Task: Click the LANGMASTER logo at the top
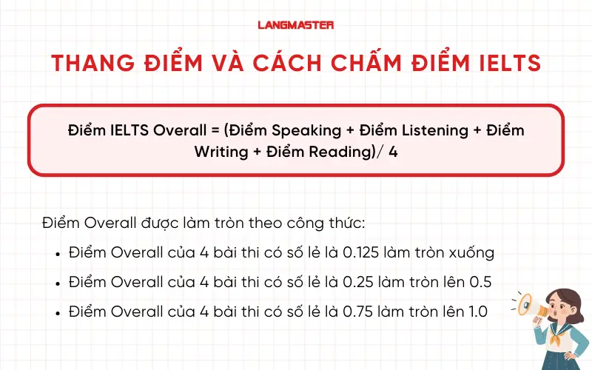click(x=295, y=24)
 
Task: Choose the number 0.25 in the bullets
click(x=358, y=282)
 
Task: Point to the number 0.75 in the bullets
click(x=358, y=312)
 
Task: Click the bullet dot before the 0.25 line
click(x=58, y=283)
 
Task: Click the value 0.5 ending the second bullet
click(x=480, y=282)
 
